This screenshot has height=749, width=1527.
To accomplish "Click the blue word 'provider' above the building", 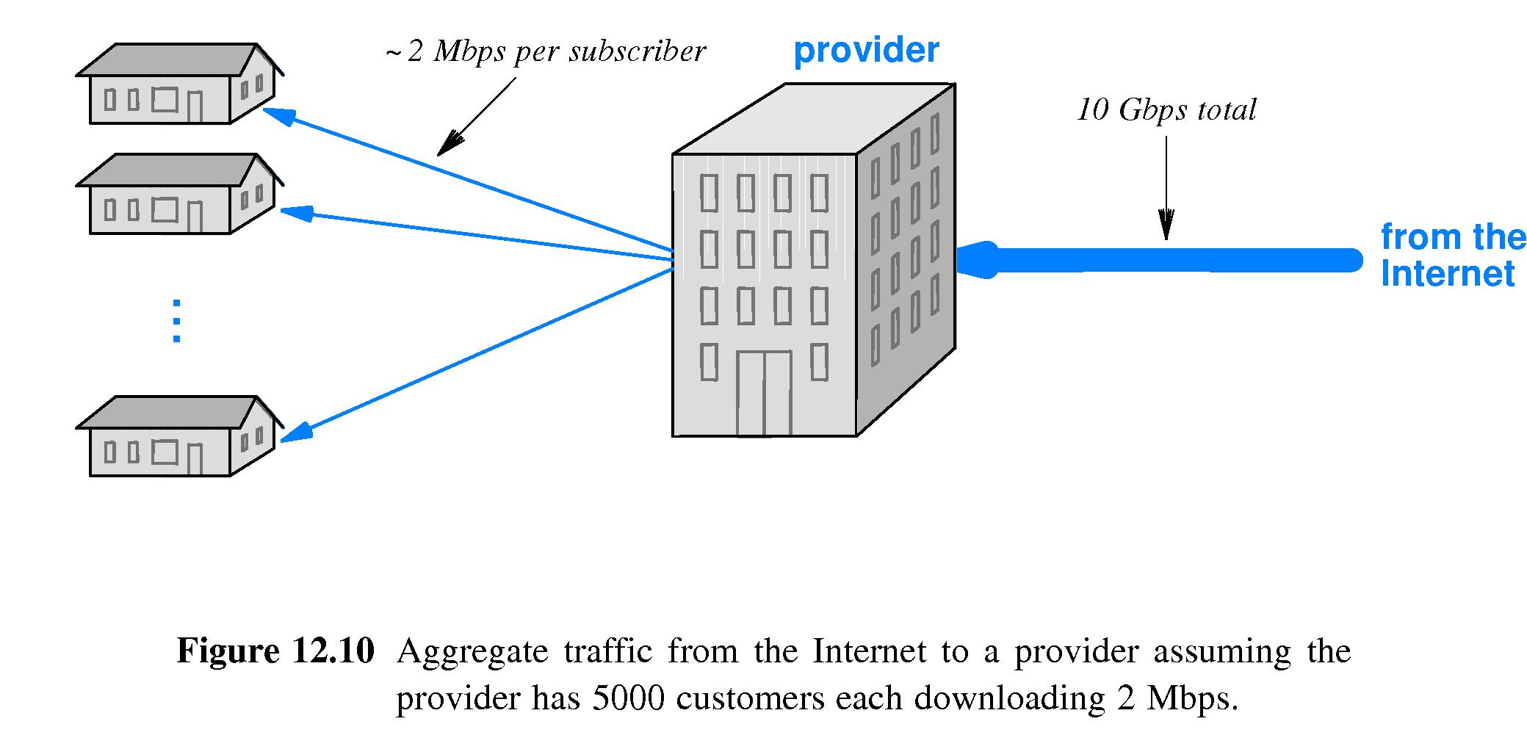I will point(866,51).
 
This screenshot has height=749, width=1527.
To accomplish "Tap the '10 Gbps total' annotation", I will point(1166,110).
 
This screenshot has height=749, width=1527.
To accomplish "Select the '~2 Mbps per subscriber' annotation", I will point(546,51).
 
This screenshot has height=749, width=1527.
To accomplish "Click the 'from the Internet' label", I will point(1451,256).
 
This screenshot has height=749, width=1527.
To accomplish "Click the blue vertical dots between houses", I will point(176,321).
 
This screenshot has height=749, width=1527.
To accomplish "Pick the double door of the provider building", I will point(764,394).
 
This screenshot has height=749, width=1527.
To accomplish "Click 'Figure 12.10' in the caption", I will point(275,651).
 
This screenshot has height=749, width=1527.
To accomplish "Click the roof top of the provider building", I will point(814,117).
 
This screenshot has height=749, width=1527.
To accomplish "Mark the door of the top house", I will point(195,107).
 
